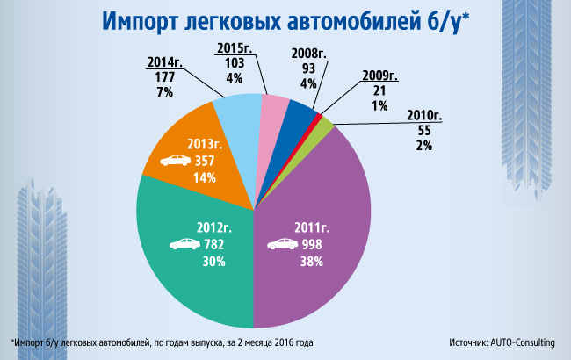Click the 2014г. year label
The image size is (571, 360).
[163, 62]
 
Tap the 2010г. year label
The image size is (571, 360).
[423, 115]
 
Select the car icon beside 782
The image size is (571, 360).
[185, 243]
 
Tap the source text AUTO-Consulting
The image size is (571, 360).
[531, 342]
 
